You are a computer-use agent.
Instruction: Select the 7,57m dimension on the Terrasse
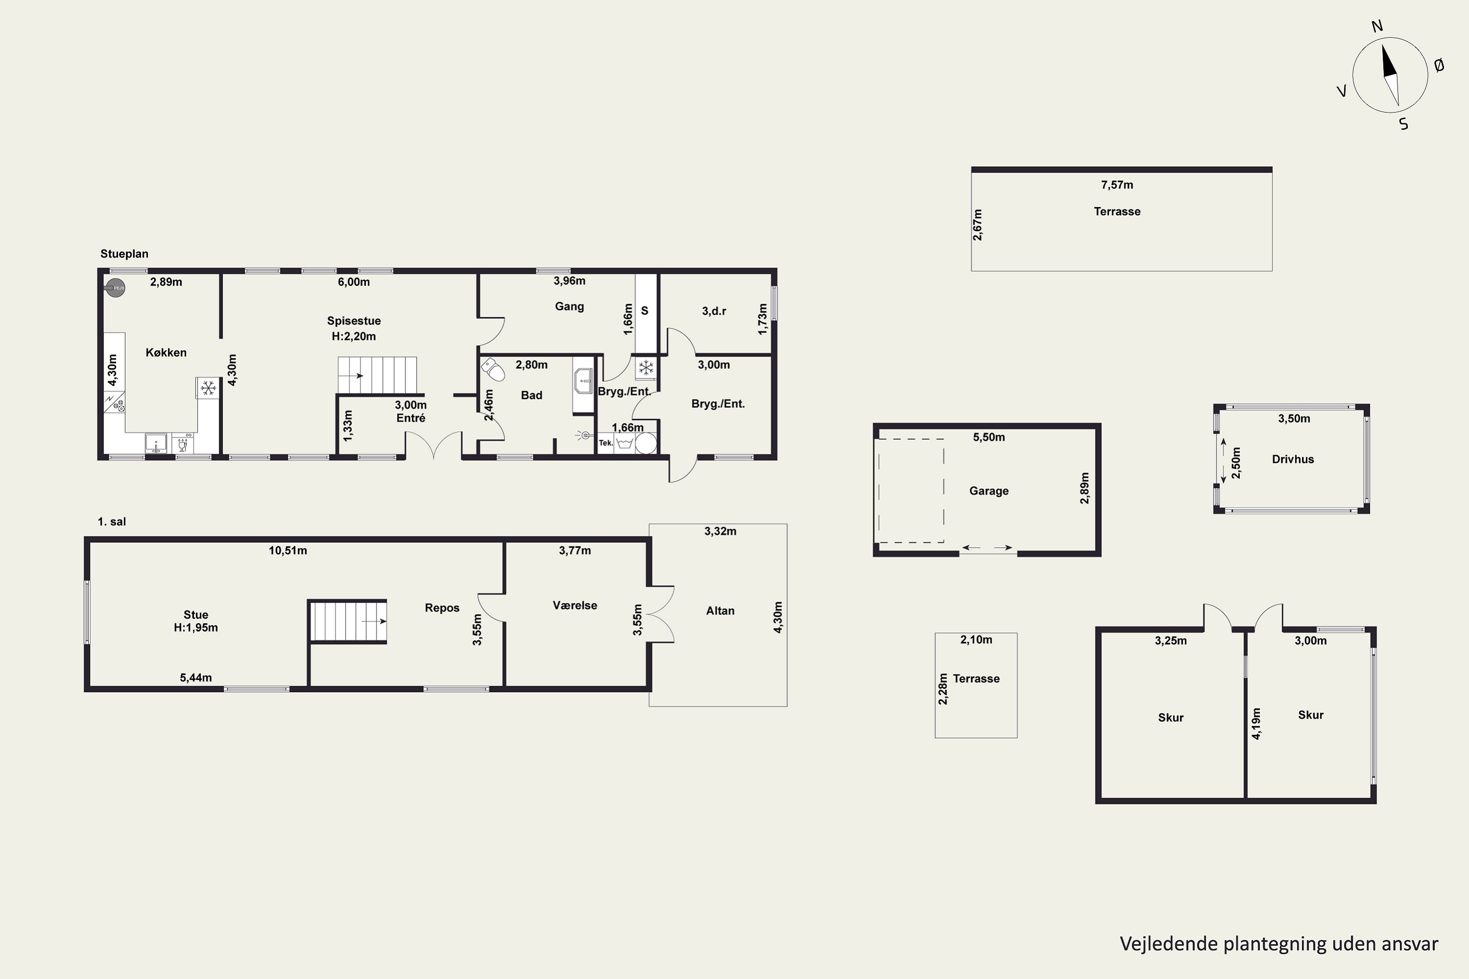click(1117, 185)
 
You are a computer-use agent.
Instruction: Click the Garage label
click(989, 491)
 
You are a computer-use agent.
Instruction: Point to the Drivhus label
click(1293, 459)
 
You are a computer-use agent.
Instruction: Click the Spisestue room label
click(354, 321)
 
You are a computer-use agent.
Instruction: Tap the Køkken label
click(166, 353)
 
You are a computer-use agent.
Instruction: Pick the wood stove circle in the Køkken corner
click(116, 288)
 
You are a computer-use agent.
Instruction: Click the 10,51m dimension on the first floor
click(288, 551)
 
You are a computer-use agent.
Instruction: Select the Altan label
click(720, 610)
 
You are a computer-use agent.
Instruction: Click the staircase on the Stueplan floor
click(377, 375)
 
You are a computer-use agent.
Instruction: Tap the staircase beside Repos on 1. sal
click(348, 621)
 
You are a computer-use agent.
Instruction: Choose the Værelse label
click(574, 605)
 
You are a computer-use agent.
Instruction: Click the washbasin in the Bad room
click(583, 381)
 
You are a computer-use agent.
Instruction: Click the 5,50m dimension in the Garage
click(989, 437)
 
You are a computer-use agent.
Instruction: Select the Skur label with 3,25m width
click(1170, 718)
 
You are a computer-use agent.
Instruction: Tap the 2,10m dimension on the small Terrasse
click(976, 639)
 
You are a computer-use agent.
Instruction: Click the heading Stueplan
click(124, 254)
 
